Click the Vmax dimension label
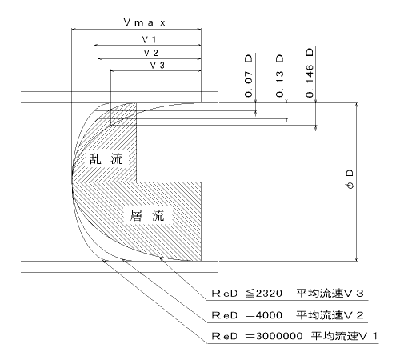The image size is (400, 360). pos(145,22)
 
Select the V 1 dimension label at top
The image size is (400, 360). pos(149,40)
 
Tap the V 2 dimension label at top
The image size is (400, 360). pos(151,53)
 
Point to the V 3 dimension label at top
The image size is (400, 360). pos(158,65)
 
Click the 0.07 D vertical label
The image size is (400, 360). pos(248,76)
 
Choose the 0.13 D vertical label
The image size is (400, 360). pos(279,76)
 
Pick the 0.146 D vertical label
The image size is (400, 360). pos(310,73)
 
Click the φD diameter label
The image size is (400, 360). pos(350,179)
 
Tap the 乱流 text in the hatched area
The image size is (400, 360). pos(106,159)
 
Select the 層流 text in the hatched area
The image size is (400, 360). pos(147,215)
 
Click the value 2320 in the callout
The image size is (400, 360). pos(269,294)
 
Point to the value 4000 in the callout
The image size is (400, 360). pos(269,315)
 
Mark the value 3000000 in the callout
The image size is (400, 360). pos(279,336)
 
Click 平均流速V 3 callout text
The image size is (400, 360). pos(330,294)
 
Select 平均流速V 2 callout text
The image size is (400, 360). pos(330,315)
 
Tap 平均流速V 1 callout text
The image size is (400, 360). pos(344,336)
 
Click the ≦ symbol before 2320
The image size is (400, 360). pos(250,294)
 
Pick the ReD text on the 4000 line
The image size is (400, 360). pos(224,315)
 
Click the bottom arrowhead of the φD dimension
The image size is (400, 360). pos(357,259)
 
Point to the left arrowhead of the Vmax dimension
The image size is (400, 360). pos(74,29)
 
